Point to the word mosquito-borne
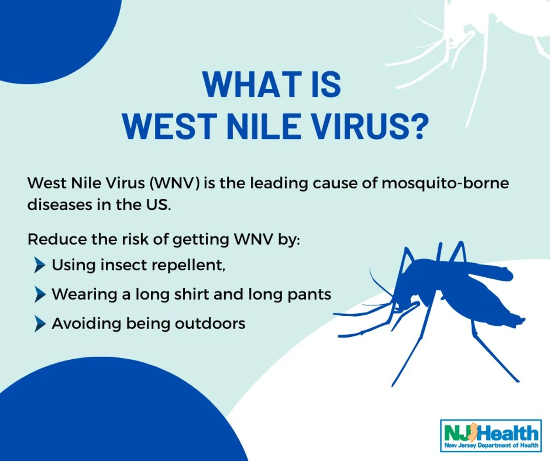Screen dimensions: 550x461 pyautogui.click(x=445, y=183)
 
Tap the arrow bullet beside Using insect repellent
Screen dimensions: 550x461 pyautogui.click(x=40, y=265)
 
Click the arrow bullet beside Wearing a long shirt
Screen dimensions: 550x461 pyautogui.click(x=40, y=294)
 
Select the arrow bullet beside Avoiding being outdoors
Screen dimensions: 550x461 pyautogui.click(x=40, y=324)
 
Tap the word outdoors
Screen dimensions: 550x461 pyautogui.click(x=210, y=324)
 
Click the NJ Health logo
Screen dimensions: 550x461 pyautogui.click(x=491, y=436)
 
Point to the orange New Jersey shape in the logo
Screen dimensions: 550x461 pyautogui.click(x=474, y=433)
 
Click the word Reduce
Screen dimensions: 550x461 pyautogui.click(x=57, y=239)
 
